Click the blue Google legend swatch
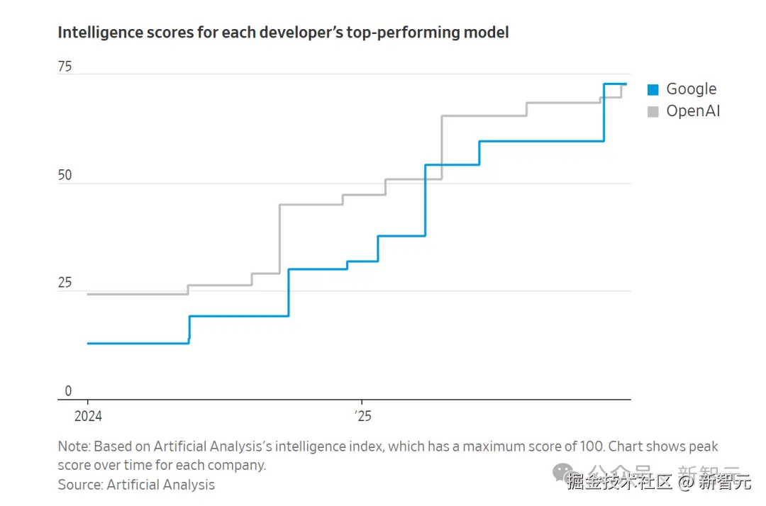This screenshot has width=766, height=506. coord(653,89)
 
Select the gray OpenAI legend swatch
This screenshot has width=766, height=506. coord(653,111)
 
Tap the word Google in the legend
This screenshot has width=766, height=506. coord(691,89)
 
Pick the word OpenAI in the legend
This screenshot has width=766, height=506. coord(693,111)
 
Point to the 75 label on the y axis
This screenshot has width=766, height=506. coord(65,67)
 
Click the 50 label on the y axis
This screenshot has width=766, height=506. coord(65,175)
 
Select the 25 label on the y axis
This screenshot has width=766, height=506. coord(65,283)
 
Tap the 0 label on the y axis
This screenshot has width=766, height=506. coord(68,390)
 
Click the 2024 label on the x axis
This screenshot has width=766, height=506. coord(88,416)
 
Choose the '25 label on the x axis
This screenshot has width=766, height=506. coord(362,416)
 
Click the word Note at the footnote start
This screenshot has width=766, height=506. coord(73,446)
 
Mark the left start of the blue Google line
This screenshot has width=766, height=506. coord(88,343)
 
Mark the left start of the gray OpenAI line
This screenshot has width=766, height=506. coord(88,294)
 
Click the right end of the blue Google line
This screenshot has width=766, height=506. coord(626,84)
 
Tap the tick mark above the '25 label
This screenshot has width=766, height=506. coord(362,403)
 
